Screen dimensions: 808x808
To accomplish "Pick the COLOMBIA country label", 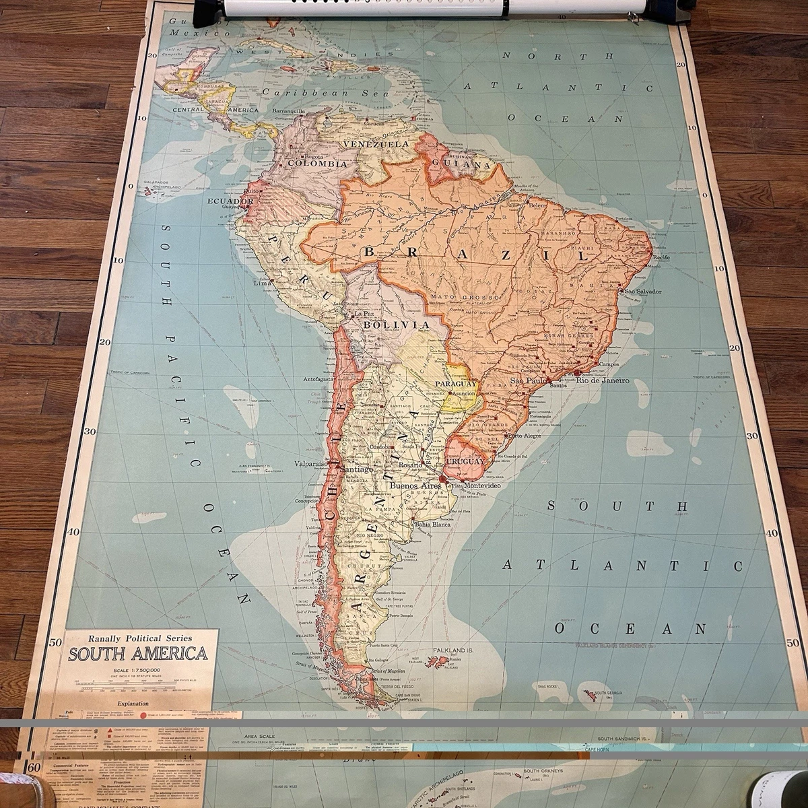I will [317, 163].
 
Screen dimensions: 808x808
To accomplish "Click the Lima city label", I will [261, 283].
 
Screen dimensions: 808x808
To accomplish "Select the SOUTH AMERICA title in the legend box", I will [137, 653].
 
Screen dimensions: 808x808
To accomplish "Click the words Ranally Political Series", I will [136, 637].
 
